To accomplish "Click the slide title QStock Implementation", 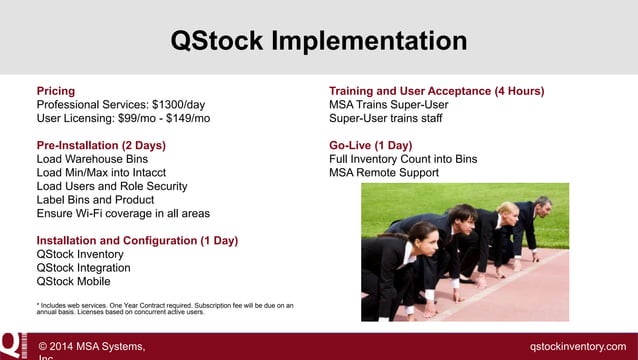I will coord(318,41).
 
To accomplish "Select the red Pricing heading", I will coord(55,90).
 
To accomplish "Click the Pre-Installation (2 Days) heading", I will coord(101,145).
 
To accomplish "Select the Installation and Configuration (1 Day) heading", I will coord(137,241).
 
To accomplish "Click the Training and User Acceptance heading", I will coord(436,90).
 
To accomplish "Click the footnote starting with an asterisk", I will coord(165,308).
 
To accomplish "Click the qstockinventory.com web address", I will coord(577,346).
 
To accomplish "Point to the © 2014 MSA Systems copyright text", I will coord(91,346).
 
